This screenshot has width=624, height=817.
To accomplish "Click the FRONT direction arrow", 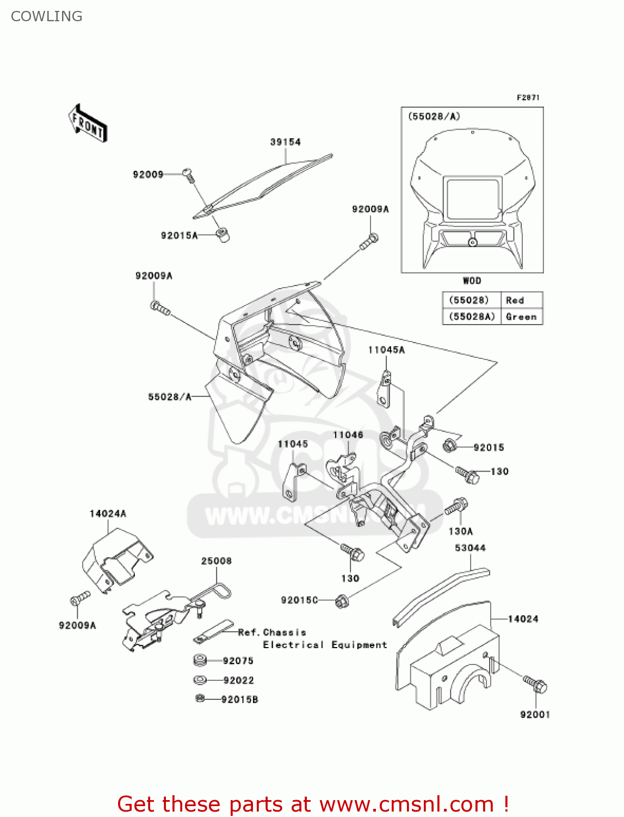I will pyautogui.click(x=88, y=124).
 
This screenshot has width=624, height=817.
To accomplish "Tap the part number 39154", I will pyautogui.click(x=285, y=142).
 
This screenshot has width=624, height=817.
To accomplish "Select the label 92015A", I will pyautogui.click(x=179, y=235).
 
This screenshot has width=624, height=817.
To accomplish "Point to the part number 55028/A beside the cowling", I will pyautogui.click(x=170, y=397).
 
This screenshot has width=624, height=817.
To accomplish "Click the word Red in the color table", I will pyautogui.click(x=515, y=301).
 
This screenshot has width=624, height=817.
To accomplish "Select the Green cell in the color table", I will pyautogui.click(x=521, y=317).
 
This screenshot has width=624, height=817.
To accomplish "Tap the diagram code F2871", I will pyautogui.click(x=528, y=97).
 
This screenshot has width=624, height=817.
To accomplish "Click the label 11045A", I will pyautogui.click(x=386, y=350).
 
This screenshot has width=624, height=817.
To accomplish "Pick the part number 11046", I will pyautogui.click(x=348, y=435).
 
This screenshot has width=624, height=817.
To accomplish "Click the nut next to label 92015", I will pyautogui.click(x=449, y=446).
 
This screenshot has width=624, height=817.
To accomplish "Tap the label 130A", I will pyautogui.click(x=460, y=531).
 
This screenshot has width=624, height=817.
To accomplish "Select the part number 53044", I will pyautogui.click(x=470, y=548).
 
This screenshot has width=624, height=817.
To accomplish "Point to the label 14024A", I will pyautogui.click(x=108, y=514).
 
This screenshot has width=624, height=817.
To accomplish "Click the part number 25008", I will pyautogui.click(x=216, y=561).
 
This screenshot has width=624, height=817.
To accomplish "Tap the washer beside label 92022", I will pyautogui.click(x=200, y=680).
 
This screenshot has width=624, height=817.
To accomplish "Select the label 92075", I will pyautogui.click(x=238, y=661).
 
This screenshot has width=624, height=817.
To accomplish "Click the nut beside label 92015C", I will pyautogui.click(x=342, y=601).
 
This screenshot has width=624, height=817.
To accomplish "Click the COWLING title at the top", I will pyautogui.click(x=47, y=16).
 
